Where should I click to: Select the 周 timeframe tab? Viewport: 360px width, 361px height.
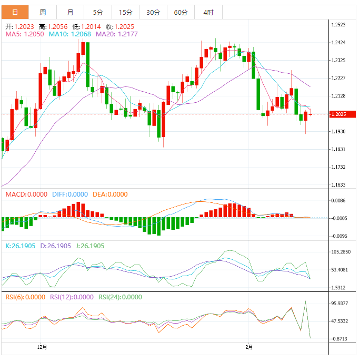[43, 12]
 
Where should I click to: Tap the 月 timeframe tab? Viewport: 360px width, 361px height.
[71, 12]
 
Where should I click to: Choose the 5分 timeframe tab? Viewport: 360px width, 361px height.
[98, 12]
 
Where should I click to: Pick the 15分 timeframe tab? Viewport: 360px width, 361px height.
[126, 12]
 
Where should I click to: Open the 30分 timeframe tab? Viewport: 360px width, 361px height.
[153, 12]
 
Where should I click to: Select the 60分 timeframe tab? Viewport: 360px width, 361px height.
[181, 12]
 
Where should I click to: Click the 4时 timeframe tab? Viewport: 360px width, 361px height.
[208, 12]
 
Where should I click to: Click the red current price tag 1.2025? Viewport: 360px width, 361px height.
[342, 114]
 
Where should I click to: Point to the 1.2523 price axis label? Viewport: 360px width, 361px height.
[338, 25]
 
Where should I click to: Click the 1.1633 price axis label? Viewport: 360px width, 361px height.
[338, 185]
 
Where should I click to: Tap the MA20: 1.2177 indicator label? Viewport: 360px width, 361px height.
[113, 34]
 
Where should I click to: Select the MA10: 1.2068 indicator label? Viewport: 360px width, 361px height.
[70, 34]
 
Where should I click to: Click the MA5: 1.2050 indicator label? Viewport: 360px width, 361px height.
[24, 34]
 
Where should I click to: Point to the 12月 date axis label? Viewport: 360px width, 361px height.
[43, 347]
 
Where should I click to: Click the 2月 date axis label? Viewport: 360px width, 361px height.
[249, 347]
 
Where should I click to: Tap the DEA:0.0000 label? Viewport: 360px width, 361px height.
[110, 194]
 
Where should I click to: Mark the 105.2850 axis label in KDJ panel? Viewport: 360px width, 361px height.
[341, 252]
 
